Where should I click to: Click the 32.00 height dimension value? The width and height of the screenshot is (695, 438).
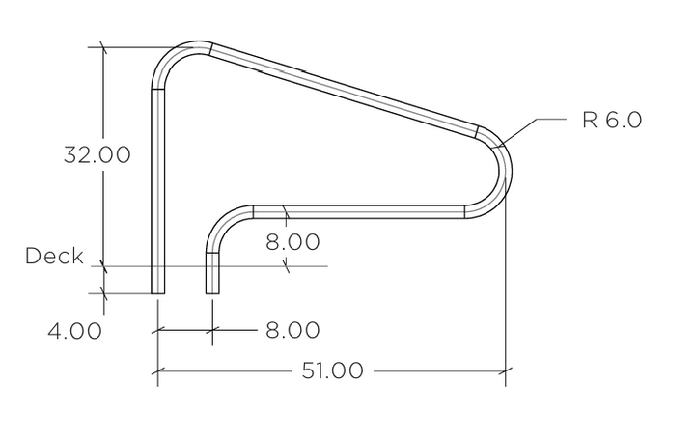(x=97, y=155)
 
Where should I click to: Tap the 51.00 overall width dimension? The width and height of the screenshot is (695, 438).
(x=332, y=370)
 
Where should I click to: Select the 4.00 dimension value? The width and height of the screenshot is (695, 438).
(x=75, y=331)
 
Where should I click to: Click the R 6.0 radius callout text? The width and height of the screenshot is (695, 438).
(x=612, y=120)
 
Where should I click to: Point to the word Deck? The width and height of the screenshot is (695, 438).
(x=54, y=256)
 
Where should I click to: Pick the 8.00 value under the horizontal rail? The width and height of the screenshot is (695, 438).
(x=292, y=242)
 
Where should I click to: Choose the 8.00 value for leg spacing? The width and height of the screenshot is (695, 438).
(x=292, y=330)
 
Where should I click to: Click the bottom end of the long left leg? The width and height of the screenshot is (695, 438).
(x=157, y=293)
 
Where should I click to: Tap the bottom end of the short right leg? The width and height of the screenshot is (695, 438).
(x=212, y=293)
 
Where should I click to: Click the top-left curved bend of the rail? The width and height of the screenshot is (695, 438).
(x=171, y=58)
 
